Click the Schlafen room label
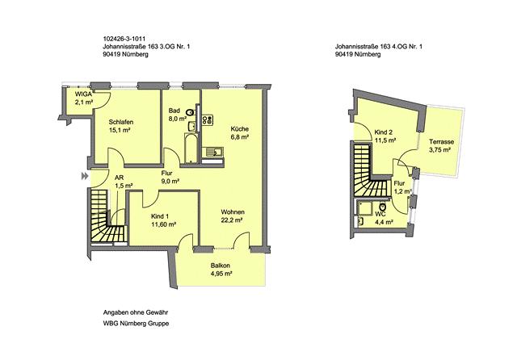click(x=121, y=122)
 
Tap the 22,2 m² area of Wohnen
click(x=232, y=220)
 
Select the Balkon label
click(x=221, y=266)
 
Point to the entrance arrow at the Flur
click(x=85, y=176)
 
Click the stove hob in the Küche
click(x=208, y=120)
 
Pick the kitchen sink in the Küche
click(x=214, y=153)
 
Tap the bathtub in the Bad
click(x=191, y=149)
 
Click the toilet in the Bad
click(x=191, y=112)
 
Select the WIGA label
click(x=83, y=94)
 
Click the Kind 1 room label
click(x=160, y=216)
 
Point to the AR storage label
click(x=119, y=178)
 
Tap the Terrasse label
click(x=442, y=142)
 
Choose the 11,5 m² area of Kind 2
click(x=385, y=140)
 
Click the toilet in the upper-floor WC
click(x=383, y=207)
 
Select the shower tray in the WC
click(x=364, y=208)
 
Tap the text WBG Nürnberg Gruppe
click(x=136, y=324)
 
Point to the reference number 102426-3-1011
click(x=124, y=39)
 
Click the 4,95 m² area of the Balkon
click(x=221, y=274)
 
